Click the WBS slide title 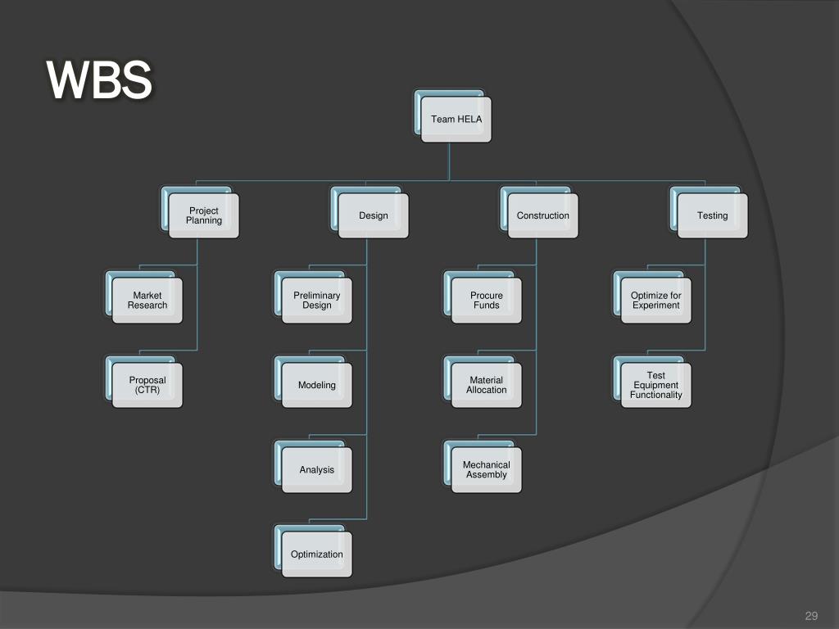[x=99, y=81]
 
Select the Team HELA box [x=456, y=120]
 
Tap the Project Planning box [x=203, y=216]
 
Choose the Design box [x=373, y=216]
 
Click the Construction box [x=542, y=216]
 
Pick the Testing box [x=712, y=216]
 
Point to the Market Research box [x=147, y=301]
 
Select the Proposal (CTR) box [x=147, y=385]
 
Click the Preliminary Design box [x=316, y=301]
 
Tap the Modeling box [x=316, y=385]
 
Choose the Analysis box [x=316, y=470]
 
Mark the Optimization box [x=316, y=554]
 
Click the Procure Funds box [x=486, y=301]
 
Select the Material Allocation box [x=486, y=385]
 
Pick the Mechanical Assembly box [x=486, y=470]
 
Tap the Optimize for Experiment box [x=655, y=301]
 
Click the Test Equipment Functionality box [x=655, y=385]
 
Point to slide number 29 [x=812, y=617]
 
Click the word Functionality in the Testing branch [x=655, y=395]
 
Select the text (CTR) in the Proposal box [x=147, y=390]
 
